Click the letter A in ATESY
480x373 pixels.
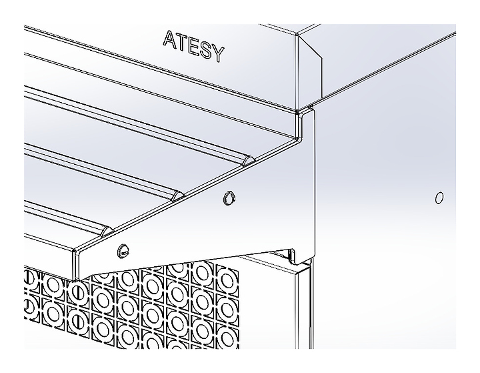[169, 39]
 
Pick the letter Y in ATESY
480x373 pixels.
[218, 54]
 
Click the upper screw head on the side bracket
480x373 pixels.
[229, 198]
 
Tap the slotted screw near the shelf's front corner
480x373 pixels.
[123, 251]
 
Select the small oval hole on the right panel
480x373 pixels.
[439, 198]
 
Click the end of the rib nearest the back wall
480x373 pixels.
[249, 161]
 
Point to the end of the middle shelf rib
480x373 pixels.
[178, 196]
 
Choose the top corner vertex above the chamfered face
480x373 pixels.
[297, 35]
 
